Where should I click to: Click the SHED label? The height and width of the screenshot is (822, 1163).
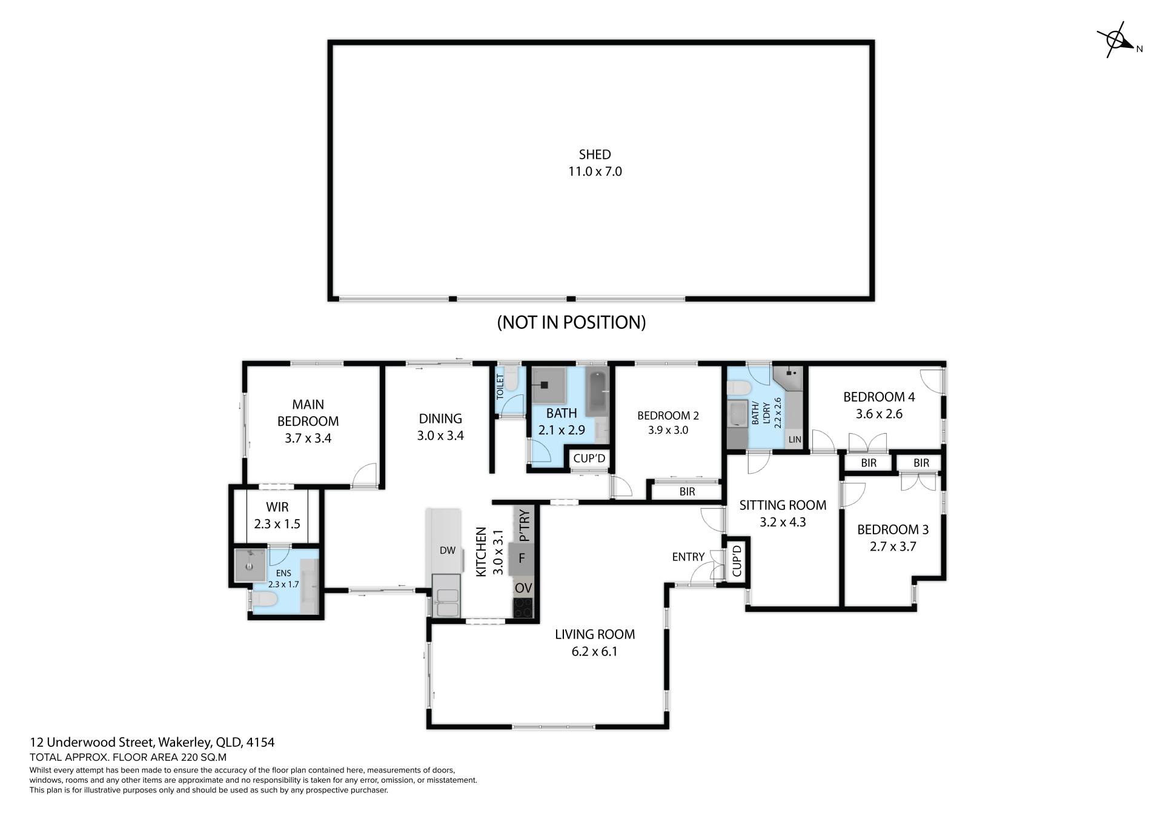(595, 154)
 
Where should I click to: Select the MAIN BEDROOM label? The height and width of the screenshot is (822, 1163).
(308, 413)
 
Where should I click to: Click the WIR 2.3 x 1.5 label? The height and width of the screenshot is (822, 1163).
(277, 515)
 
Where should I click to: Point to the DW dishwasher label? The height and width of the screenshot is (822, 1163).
(448, 551)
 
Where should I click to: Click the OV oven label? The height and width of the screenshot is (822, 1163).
(523, 588)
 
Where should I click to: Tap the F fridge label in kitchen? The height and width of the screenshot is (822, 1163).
(522, 558)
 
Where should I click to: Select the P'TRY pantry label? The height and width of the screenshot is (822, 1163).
(525, 525)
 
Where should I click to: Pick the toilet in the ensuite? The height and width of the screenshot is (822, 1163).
(264, 600)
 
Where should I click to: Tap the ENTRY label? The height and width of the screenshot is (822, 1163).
(688, 557)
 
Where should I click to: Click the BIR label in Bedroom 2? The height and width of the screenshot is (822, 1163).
(687, 492)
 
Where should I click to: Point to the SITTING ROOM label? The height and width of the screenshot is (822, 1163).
(783, 505)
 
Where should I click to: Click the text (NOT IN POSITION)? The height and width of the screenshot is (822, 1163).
(571, 322)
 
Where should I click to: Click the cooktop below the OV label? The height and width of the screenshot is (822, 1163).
(523, 608)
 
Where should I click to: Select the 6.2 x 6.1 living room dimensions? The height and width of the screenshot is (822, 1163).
(595, 652)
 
